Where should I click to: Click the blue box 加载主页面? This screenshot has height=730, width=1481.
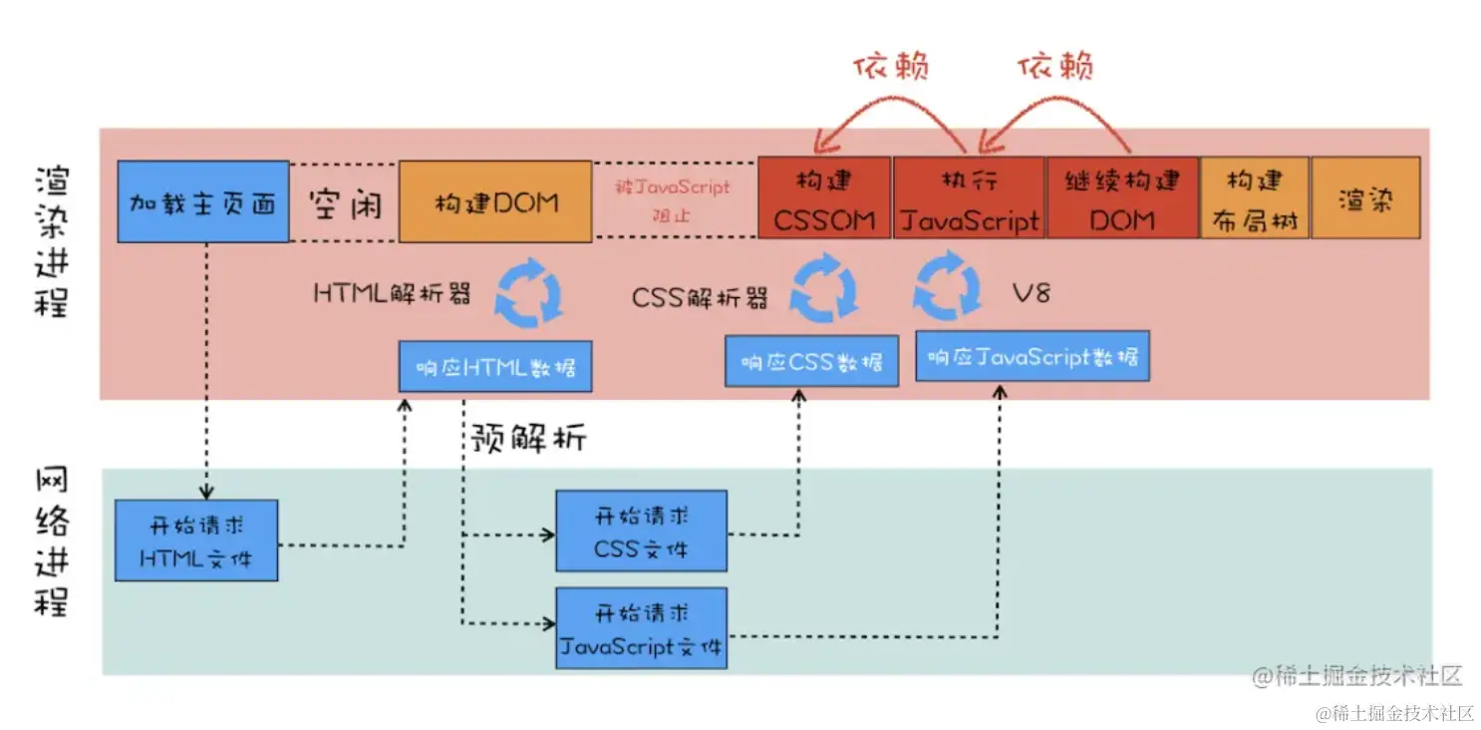coord(203,201)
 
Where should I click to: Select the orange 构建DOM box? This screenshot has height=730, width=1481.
coord(495,201)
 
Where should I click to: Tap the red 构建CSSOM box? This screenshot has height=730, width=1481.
coord(824,199)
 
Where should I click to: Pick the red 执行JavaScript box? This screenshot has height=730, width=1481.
coord(969,199)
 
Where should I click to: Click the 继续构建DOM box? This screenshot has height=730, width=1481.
coord(1122,199)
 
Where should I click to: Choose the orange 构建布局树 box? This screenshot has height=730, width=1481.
coord(1255,199)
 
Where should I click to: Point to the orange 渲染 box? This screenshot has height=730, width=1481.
coord(1365,199)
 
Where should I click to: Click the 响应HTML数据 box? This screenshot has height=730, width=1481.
coord(495,366)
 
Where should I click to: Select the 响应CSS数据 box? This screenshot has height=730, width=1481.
coord(811,360)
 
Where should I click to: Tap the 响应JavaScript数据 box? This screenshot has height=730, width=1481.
coord(1033,356)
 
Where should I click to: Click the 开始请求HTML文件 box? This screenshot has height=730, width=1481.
coord(196,541)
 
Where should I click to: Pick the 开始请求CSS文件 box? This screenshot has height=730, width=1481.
coord(641,531)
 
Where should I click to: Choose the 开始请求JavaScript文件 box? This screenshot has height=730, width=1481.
coord(641,628)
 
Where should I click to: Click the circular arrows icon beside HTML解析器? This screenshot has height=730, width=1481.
coord(529,291)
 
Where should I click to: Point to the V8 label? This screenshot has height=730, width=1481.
coord(1031,294)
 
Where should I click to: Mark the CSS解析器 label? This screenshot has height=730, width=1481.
coord(700,297)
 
